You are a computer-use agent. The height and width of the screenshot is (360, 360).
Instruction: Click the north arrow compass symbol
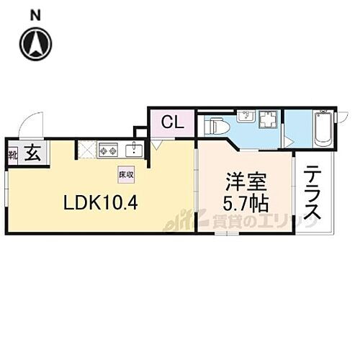coord(36,43)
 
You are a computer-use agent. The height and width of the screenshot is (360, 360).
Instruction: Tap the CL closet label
coord(171,122)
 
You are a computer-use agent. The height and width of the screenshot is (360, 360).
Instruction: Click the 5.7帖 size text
coord(245,203)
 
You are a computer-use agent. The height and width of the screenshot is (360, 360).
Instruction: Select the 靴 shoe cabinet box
coord(12,154)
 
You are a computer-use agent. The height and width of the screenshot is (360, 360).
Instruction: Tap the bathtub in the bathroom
coord(321,128)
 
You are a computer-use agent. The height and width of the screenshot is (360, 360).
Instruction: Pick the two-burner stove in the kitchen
coord(109,150)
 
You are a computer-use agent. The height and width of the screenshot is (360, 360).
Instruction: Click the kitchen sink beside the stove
coord(134,150)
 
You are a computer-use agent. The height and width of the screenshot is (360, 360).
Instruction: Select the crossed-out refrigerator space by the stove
coord(86,150)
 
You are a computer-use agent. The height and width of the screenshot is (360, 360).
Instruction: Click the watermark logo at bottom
coord(238,223)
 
